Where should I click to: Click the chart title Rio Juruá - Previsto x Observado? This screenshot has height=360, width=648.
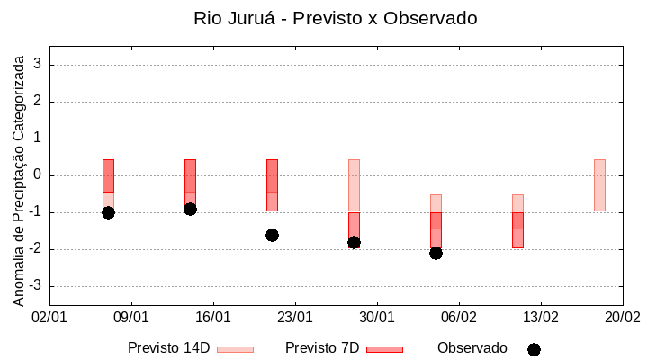(335, 18)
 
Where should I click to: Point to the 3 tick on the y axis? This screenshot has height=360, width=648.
(39, 65)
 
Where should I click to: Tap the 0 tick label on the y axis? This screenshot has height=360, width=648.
(39, 175)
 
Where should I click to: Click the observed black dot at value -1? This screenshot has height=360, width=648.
(108, 212)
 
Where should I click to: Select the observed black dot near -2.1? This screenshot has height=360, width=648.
(436, 253)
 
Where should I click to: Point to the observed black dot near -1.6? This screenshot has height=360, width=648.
(272, 235)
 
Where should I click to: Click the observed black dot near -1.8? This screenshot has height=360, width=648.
(354, 242)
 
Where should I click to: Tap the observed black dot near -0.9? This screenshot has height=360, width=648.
(190, 209)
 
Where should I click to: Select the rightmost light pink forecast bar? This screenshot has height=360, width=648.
(599, 184)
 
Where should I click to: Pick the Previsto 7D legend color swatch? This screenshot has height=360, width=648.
(384, 349)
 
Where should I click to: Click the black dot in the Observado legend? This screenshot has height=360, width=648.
(534, 349)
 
